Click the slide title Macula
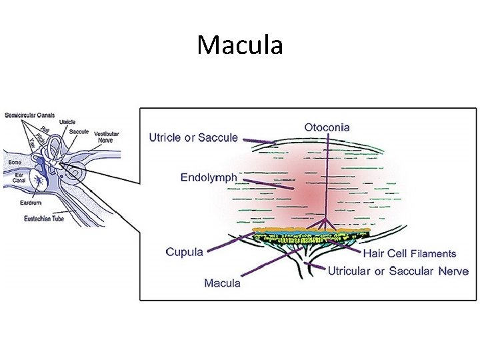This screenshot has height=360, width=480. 240,45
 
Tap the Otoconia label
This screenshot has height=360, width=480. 327,127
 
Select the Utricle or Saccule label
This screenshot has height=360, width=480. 193,138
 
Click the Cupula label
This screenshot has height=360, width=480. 184,252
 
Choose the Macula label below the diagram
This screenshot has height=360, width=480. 223,283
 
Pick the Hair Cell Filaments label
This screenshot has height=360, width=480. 409,253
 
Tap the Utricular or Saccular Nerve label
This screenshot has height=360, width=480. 399,271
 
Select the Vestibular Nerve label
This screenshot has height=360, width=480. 106,137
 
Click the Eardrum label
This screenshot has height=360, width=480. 31,201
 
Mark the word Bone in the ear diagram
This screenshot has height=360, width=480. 15,161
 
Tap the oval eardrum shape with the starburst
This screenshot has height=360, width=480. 41,178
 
